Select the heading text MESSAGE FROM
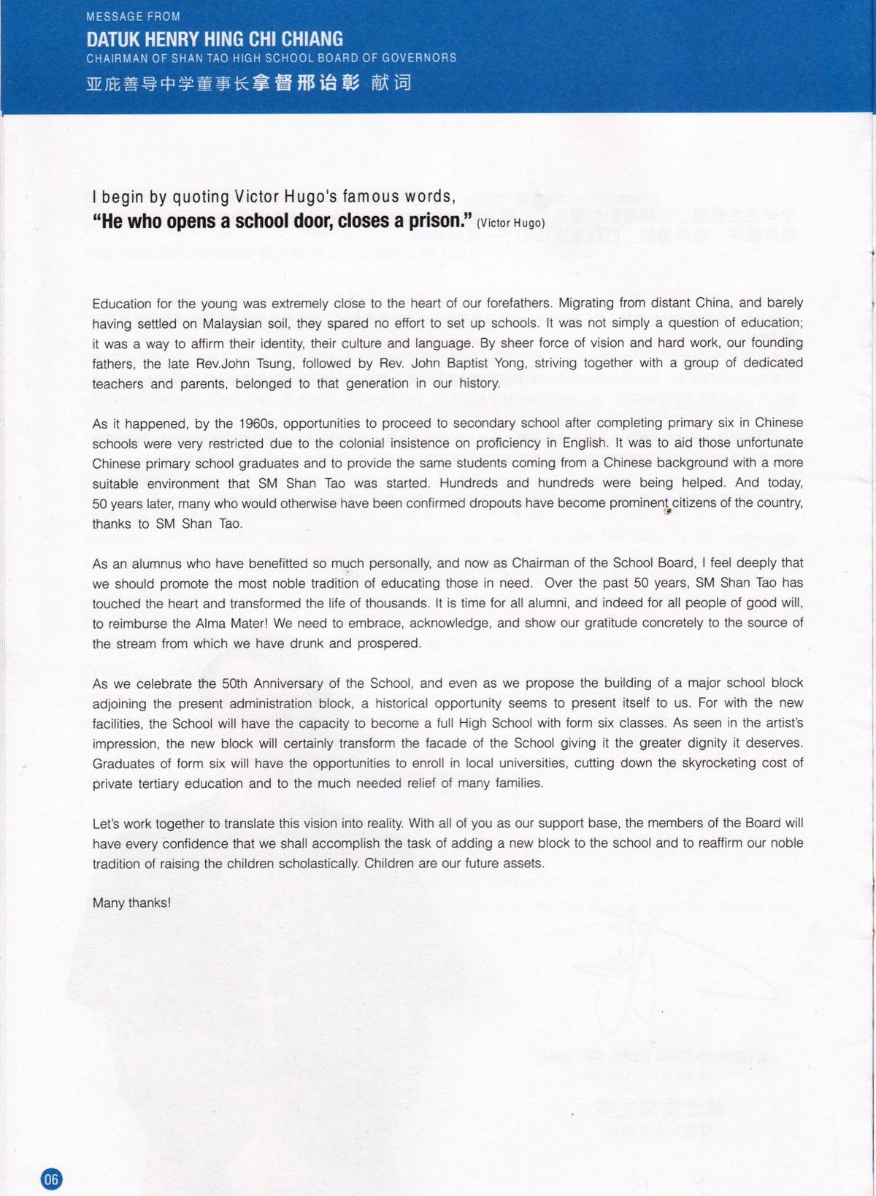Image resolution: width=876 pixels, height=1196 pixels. click(x=133, y=17)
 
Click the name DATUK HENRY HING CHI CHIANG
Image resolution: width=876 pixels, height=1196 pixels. click(x=215, y=39)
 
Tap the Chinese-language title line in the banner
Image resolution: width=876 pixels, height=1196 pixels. click(x=248, y=83)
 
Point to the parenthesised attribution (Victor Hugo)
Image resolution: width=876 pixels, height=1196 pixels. click(x=510, y=223)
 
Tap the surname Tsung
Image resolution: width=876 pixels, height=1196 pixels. click(x=274, y=364)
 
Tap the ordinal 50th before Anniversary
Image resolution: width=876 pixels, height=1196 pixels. click(x=234, y=684)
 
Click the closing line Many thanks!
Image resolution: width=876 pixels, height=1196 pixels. click(x=131, y=903)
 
